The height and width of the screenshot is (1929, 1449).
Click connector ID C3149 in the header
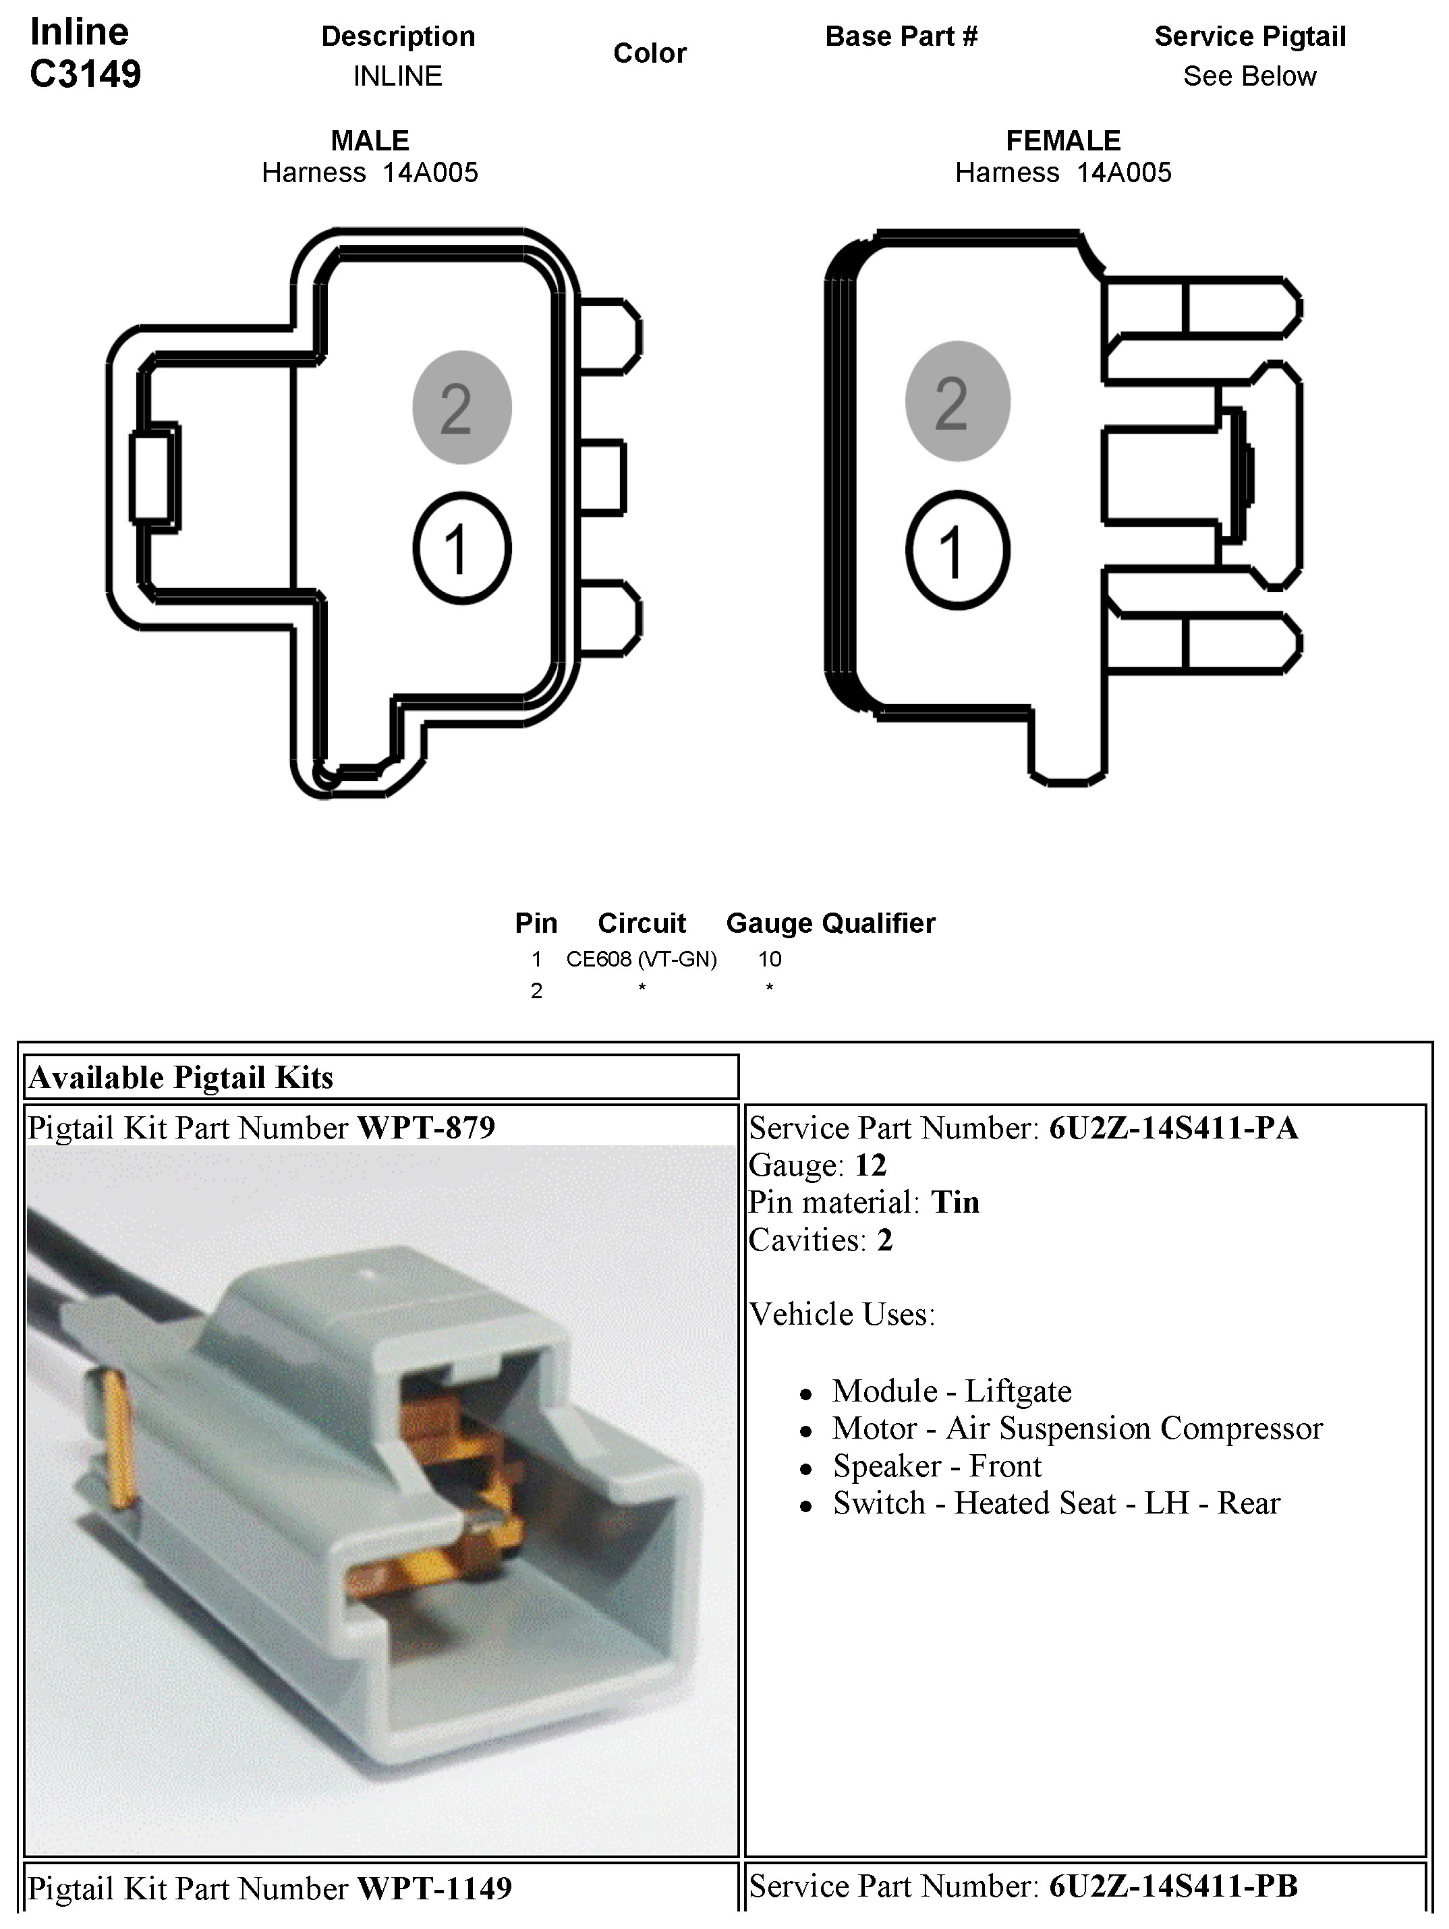click(86, 74)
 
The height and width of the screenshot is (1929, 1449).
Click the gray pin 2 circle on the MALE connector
click(461, 407)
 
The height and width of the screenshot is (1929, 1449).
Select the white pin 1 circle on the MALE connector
click(461, 548)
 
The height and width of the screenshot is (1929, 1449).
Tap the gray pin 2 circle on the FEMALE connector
click(957, 401)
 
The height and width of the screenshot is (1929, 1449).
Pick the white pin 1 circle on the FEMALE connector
click(957, 550)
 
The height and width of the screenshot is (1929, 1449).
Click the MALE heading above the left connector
click(370, 140)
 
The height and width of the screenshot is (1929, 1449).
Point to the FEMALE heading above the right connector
click(1062, 140)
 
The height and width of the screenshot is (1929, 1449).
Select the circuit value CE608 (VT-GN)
click(641, 959)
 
